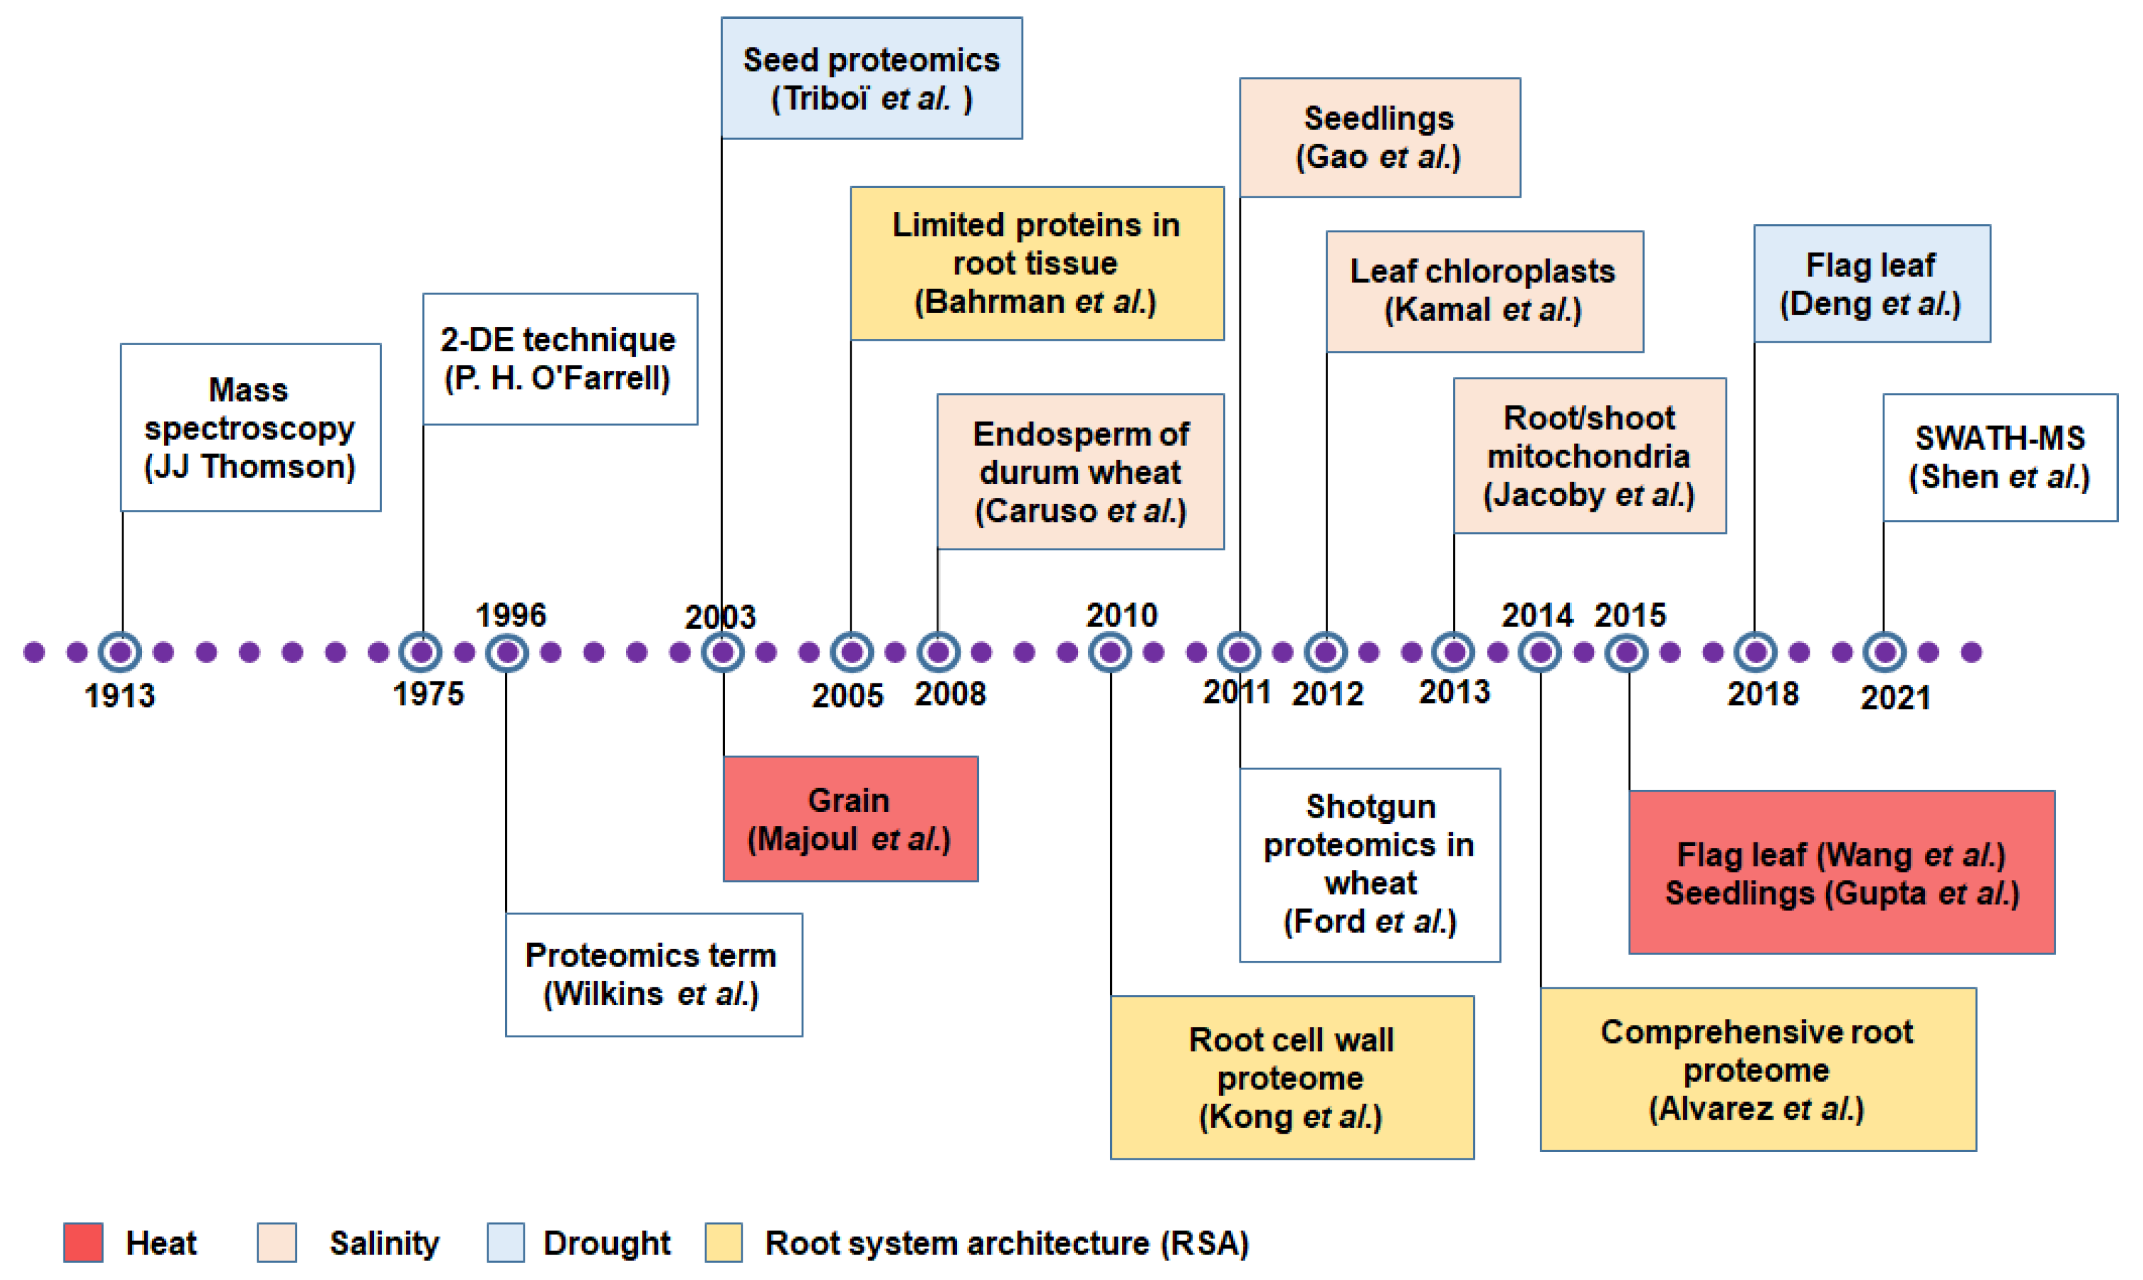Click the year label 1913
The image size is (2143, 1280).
120,695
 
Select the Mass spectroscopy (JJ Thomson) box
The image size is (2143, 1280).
250,428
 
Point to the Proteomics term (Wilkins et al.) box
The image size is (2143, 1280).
653,975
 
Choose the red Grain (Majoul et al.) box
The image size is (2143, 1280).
850,820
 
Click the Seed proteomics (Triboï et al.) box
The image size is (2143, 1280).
871,79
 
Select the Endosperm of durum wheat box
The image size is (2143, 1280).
1080,472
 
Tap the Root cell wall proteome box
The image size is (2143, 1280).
1291,1077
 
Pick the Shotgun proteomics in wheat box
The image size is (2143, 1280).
1369,865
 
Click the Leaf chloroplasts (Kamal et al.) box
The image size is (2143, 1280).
1484,291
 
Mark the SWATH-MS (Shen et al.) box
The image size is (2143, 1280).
1999,458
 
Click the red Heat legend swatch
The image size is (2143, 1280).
84,1242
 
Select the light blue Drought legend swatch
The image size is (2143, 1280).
506,1242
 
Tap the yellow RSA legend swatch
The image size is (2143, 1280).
723,1242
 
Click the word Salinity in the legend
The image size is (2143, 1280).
384,1243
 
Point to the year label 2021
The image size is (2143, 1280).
1895,697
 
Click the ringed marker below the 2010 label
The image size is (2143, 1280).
1110,652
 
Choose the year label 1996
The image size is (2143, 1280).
511,615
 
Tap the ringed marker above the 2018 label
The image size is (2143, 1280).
1755,652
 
